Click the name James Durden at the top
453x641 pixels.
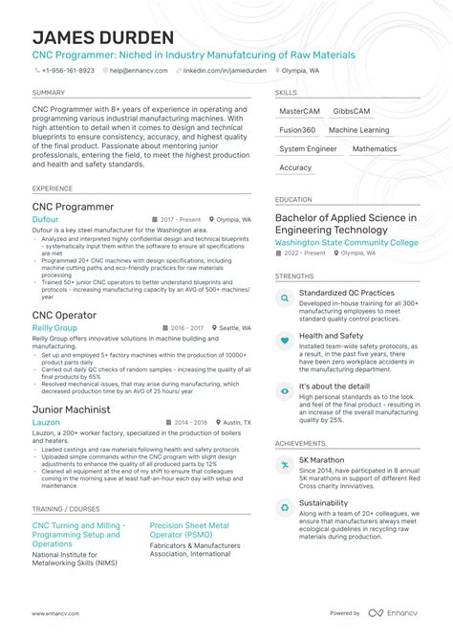pos(103,37)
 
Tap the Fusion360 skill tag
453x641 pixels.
pos(296,130)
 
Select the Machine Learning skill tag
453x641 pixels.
pos(358,130)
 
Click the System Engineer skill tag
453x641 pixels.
pos(308,149)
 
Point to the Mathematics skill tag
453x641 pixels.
pos(374,149)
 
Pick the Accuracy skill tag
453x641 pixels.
pos(295,168)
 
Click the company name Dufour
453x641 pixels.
pos(45,219)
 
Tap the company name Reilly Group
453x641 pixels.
pos(55,327)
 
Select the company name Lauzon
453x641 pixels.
pos(46,422)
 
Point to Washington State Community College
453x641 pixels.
pos(346,242)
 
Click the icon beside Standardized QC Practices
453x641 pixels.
pos(284,298)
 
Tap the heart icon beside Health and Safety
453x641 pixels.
pos(284,341)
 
